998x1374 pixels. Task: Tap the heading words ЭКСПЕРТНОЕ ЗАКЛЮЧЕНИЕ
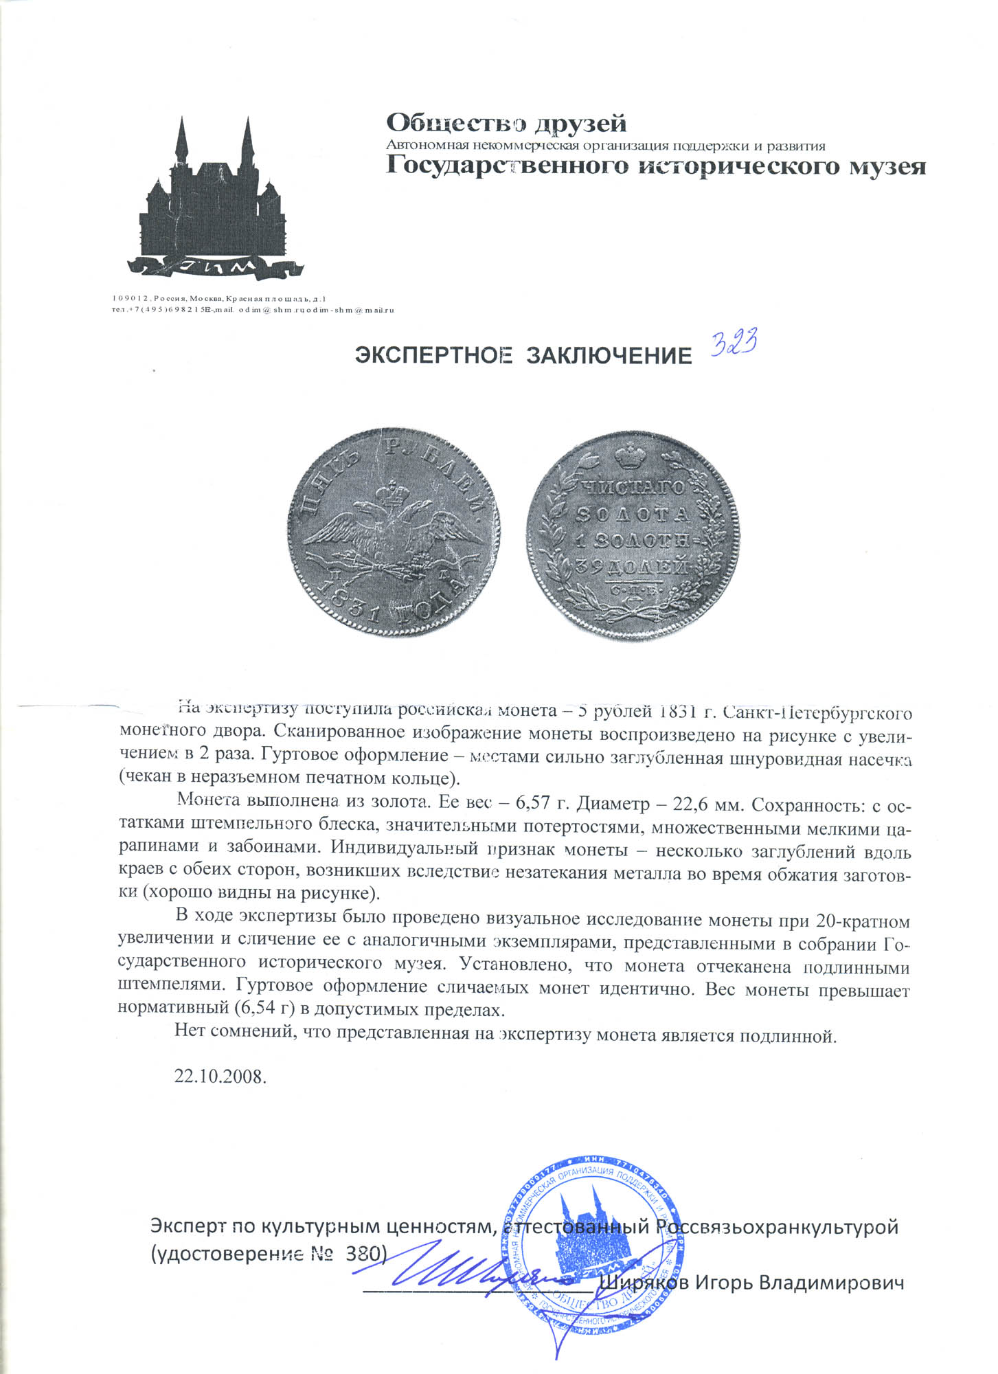523,355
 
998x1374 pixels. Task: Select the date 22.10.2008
220,1076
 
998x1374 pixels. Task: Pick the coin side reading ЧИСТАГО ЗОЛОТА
633,534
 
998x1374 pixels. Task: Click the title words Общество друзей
506,124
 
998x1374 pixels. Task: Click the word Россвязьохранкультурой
776,1226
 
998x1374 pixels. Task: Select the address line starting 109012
220,299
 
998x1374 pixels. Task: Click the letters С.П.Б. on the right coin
633,589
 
